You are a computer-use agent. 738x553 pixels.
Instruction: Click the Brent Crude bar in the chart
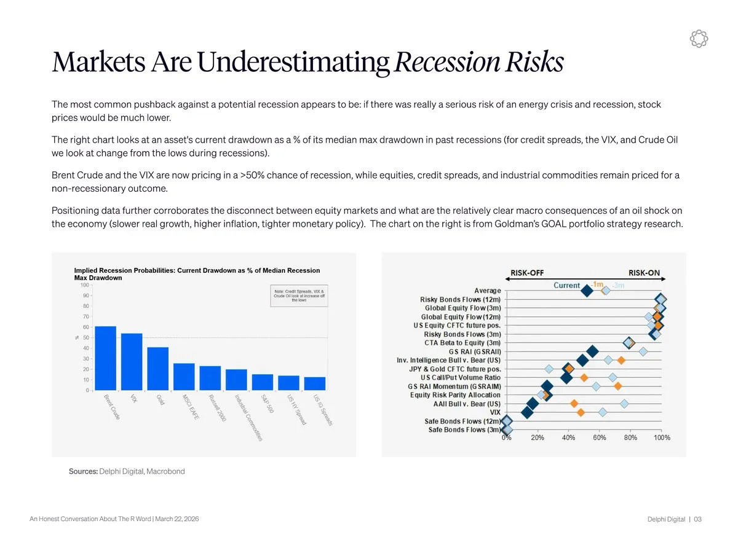[x=106, y=358]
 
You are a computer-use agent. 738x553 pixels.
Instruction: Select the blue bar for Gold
[x=158, y=369]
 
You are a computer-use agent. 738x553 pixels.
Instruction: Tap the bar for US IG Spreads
[x=315, y=383]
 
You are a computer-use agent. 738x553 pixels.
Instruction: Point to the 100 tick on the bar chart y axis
[x=84, y=284]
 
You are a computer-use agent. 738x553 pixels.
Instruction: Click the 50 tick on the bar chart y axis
[x=85, y=337]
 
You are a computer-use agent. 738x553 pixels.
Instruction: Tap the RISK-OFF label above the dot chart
[x=527, y=273]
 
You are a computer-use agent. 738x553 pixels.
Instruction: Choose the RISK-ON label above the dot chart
[x=644, y=273]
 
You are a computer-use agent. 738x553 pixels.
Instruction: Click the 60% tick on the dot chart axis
[x=600, y=437]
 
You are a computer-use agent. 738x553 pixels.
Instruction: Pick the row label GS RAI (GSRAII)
[x=475, y=351]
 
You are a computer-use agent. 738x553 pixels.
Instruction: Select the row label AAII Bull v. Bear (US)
[x=467, y=404]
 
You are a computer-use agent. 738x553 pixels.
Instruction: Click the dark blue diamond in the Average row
[x=587, y=291]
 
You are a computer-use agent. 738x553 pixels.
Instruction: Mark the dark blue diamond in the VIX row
[x=527, y=412]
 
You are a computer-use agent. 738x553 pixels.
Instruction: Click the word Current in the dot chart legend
[x=566, y=285]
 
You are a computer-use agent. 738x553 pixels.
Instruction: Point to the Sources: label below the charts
[x=83, y=471]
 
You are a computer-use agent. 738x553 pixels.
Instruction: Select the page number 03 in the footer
[x=697, y=519]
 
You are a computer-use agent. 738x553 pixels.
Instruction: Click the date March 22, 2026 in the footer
[x=177, y=519]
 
